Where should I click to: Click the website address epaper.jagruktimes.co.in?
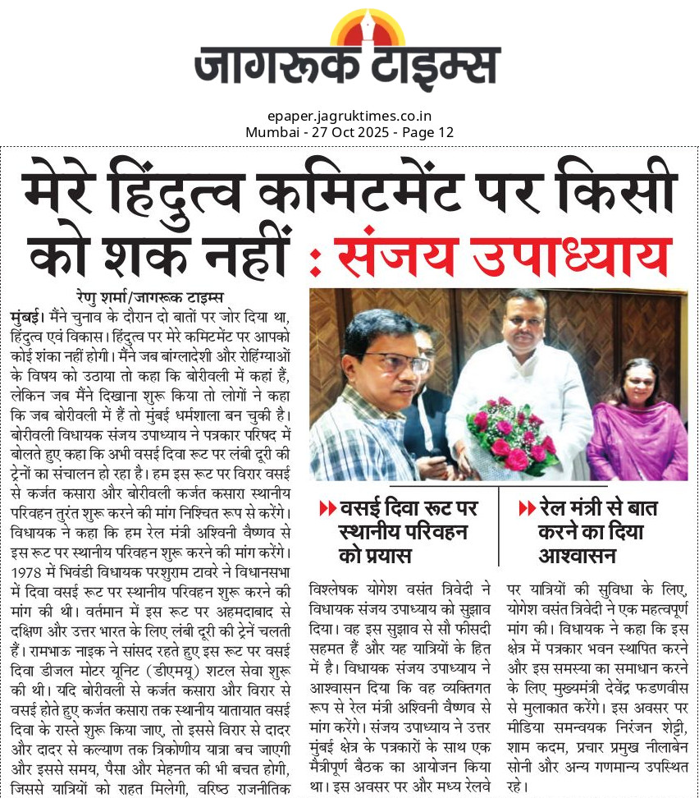coord(349,117)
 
